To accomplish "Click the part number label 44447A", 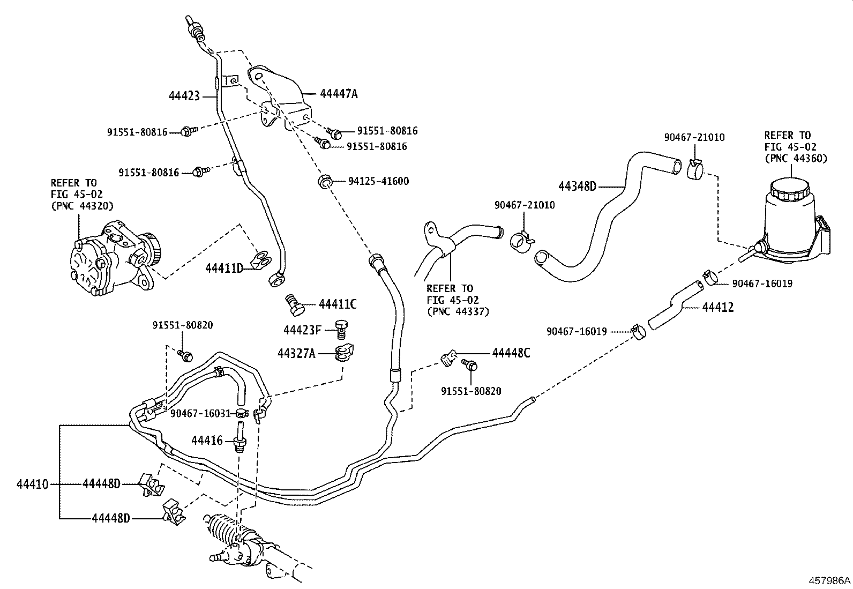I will (x=338, y=94).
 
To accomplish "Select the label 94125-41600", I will (x=378, y=182).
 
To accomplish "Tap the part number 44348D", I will (x=577, y=187).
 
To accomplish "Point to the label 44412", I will (x=717, y=308).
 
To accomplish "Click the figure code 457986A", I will (x=830, y=580).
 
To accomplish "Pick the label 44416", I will (x=207, y=441).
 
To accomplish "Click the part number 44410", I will (x=33, y=485).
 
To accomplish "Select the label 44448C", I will (x=511, y=353).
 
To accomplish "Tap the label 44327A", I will (x=296, y=353).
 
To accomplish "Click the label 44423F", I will (x=302, y=330).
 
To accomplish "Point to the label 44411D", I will (x=224, y=267).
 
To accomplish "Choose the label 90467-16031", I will (x=200, y=413).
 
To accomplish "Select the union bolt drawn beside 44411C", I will (x=293, y=304).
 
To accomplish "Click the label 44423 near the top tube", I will (x=184, y=96).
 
